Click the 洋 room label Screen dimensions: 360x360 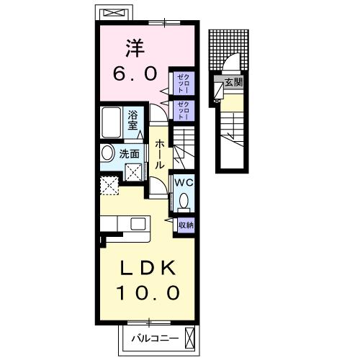pos(134,49)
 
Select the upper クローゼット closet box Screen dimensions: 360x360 pos(181,84)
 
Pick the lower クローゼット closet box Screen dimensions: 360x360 pos(181,110)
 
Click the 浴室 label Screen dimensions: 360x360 pos(133,120)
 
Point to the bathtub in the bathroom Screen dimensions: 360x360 pos(112,122)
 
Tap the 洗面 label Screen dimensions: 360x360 pos(130,153)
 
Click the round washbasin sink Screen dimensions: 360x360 pos(107,153)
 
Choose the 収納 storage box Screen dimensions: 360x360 pos(185,225)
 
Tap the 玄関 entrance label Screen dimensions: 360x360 pos(233,82)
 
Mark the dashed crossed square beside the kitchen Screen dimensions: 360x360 pos(110,186)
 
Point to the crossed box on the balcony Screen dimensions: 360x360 pos(189,337)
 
